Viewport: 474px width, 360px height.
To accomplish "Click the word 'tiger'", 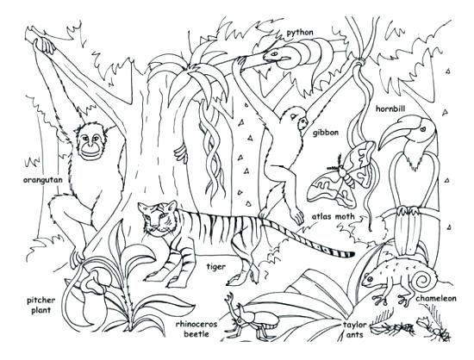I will pyautogui.click(x=215, y=266).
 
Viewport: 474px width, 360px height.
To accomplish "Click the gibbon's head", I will pyautogui.click(x=297, y=115).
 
